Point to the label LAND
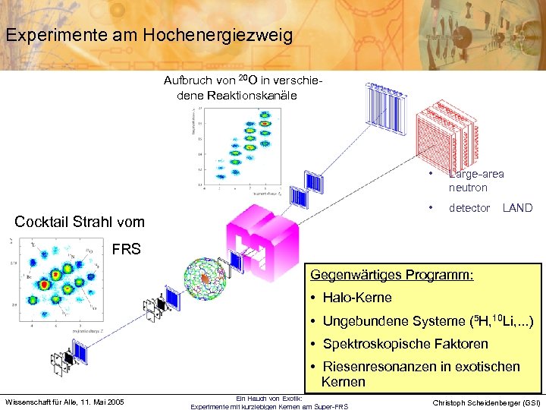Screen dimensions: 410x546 517,208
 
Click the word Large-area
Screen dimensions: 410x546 476,174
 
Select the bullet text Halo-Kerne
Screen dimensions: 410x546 357,298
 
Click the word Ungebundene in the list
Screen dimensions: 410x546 367,321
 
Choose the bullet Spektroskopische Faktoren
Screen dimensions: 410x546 406,344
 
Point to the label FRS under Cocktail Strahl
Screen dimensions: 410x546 126,249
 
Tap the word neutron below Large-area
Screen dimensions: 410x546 468,188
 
